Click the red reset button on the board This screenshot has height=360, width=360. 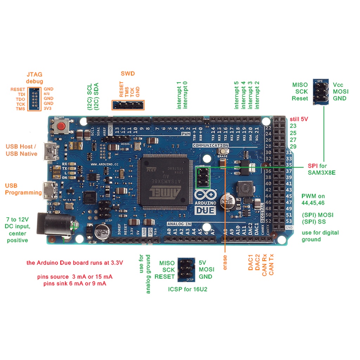coord(64,127)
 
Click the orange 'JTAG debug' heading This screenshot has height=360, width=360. coord(34,77)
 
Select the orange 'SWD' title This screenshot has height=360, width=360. coord(128,74)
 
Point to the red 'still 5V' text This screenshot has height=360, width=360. coord(299,119)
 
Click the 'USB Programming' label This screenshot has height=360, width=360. coord(23,189)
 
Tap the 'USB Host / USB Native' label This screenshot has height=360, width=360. coord(21,150)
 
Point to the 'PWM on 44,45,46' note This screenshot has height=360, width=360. coord(313,199)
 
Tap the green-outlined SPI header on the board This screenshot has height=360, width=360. coord(202,177)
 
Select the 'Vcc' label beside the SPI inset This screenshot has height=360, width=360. coord(338,85)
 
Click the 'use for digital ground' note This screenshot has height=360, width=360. coord(320,236)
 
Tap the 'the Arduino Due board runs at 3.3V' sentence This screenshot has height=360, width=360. coord(75,263)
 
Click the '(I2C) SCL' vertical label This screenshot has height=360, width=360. coord(90,97)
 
